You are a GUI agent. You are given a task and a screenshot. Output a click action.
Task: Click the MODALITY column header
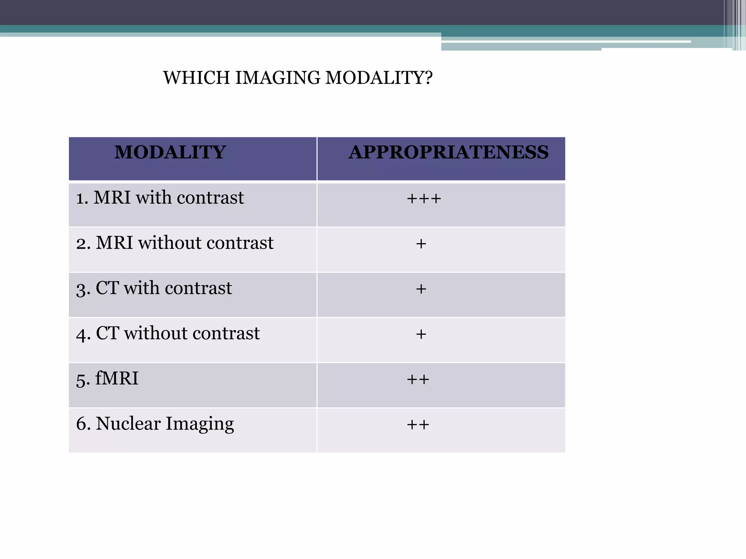click(x=170, y=152)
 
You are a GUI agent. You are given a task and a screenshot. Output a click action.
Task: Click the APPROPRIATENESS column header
click(x=448, y=152)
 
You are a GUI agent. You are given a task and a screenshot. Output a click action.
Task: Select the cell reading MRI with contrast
click(x=160, y=198)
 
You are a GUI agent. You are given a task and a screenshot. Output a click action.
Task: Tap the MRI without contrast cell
click(x=175, y=243)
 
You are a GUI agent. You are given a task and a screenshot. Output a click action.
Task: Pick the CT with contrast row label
click(x=154, y=288)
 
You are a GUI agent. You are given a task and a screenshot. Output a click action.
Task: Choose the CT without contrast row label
click(x=168, y=333)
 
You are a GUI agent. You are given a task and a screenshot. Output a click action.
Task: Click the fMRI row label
click(x=107, y=378)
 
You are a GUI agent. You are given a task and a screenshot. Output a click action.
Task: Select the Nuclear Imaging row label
click(x=155, y=424)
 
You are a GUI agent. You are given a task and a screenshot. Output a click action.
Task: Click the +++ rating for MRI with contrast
click(x=424, y=199)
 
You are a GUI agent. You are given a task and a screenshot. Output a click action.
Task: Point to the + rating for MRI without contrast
click(x=421, y=244)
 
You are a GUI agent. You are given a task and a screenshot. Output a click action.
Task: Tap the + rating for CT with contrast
click(x=421, y=289)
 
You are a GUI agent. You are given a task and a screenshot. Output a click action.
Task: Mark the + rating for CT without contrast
click(x=421, y=334)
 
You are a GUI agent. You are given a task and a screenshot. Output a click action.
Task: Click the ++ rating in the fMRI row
click(x=418, y=380)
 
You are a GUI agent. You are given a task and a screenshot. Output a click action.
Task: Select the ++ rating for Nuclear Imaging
click(x=418, y=425)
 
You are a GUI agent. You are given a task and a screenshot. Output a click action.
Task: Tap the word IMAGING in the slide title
click(x=278, y=78)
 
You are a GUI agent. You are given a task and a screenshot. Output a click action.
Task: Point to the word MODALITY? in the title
click(x=379, y=78)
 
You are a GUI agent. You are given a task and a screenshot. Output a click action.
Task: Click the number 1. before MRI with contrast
click(x=82, y=199)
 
